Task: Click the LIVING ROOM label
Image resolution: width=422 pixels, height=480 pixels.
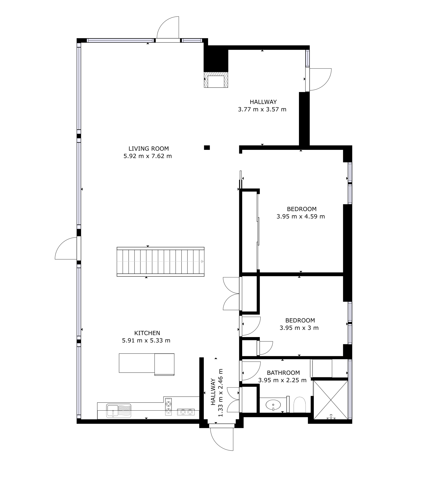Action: coord(149,149)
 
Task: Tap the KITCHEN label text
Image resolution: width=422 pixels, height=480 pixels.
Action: coord(147,333)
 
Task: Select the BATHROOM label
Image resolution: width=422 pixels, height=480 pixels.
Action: coord(283,373)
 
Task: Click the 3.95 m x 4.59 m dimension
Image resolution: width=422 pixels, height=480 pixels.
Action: coord(301,217)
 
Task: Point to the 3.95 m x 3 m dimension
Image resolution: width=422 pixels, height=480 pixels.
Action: coord(299,328)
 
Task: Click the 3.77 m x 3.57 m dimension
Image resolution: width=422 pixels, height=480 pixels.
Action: coord(262,109)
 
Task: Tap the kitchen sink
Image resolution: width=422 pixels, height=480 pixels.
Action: coord(119,411)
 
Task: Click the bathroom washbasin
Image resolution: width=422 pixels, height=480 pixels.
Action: coord(273,405)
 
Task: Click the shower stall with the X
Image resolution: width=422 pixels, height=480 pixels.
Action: coord(331,400)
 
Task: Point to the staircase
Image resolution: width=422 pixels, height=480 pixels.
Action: coord(161,262)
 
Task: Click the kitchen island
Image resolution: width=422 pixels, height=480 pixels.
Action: coord(147,364)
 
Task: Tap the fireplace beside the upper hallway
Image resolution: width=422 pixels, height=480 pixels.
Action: coord(216,80)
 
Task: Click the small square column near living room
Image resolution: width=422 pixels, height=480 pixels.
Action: coord(207,147)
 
